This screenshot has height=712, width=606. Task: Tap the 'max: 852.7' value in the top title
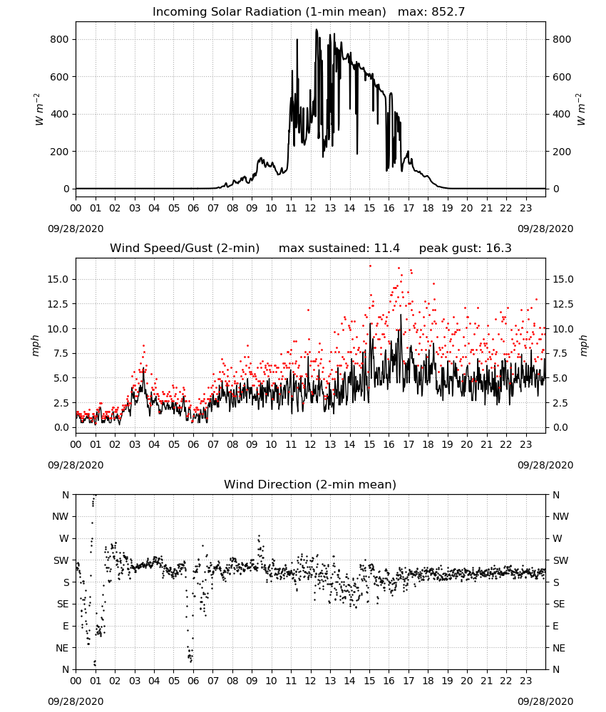pos(431,11)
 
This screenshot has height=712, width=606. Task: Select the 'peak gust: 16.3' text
pos(465,248)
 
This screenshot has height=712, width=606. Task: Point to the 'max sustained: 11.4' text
pos(339,248)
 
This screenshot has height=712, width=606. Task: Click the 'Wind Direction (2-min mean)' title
pos(310,484)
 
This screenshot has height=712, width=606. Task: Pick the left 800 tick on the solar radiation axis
pos(59,39)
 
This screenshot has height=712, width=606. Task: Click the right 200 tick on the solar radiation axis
pos(562,152)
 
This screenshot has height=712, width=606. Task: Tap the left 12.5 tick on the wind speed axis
pos(58,304)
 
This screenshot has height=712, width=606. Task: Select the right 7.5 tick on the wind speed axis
pos(560,353)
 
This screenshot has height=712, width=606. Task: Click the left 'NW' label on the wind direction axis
pos(61,516)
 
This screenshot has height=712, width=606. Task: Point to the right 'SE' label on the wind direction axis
pos(559,604)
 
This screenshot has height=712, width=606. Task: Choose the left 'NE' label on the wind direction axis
pos(62,648)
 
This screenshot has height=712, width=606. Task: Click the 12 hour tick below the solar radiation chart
pos(311,209)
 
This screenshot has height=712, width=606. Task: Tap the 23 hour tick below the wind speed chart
pos(525,444)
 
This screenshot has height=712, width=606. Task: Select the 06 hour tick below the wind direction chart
pos(193,681)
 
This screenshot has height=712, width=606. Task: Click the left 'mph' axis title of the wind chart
pos(36,345)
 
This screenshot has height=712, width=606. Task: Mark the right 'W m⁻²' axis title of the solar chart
pos(582,110)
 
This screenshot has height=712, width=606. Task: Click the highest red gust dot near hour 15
pos(370,266)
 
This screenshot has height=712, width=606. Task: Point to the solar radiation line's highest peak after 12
pos(317,30)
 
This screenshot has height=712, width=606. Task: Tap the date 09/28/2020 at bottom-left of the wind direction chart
pos(76,701)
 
